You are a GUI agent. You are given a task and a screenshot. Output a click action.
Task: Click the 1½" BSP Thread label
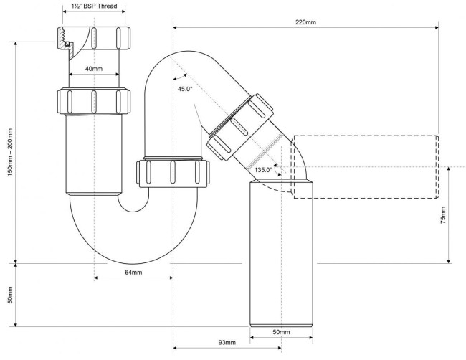tap(94, 6)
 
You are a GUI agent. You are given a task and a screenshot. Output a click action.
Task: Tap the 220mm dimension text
tap(305, 22)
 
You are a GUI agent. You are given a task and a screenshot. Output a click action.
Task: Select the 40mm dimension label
tap(94, 69)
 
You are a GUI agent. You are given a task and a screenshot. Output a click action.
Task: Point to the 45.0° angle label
tap(185, 89)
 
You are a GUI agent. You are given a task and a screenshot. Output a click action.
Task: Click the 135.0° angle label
tap(263, 170)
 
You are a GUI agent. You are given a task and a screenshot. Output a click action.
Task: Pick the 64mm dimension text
tap(133, 272)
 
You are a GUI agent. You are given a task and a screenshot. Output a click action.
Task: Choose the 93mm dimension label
tap(227, 343)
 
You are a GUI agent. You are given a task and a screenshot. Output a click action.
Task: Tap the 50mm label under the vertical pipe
tap(281, 332)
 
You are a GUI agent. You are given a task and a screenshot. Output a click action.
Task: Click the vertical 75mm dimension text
tap(443, 215)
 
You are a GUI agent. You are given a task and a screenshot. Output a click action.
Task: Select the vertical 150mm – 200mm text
tap(10, 152)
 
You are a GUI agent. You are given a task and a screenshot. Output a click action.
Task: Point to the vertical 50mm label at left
tap(10, 295)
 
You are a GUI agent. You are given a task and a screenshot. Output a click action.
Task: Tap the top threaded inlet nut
tap(94, 38)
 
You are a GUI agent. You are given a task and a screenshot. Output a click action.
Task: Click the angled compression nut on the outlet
tap(240, 127)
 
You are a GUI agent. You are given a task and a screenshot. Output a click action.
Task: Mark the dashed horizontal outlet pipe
tap(366, 167)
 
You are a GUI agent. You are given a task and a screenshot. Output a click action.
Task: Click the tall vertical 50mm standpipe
tap(281, 253)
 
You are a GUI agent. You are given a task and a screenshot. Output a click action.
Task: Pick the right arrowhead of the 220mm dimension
tap(437, 28)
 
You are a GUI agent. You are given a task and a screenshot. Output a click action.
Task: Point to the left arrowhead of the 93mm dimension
tap(176, 348)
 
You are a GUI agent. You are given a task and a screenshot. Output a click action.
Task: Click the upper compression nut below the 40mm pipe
tap(94, 101)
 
